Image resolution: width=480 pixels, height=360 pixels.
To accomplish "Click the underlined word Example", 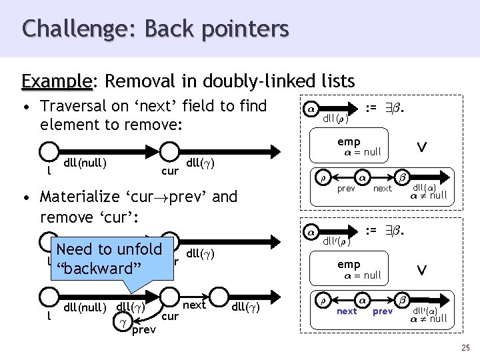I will click(57, 82).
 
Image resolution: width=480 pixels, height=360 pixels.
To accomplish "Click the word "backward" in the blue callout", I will click(95, 269).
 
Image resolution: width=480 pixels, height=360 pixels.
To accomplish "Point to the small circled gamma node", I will click(122, 321).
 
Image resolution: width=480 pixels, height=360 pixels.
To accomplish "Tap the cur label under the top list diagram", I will click(170, 171).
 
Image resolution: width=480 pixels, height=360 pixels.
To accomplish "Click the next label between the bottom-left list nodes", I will click(194, 305).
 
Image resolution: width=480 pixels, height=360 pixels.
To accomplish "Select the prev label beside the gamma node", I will click(143, 329).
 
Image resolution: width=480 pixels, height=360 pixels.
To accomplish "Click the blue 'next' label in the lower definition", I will click(347, 311).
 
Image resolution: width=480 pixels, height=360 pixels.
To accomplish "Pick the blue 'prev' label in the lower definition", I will click(382, 311).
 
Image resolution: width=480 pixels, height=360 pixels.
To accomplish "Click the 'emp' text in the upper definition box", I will click(349, 141).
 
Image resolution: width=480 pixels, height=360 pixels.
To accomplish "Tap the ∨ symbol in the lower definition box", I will click(421, 270).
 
